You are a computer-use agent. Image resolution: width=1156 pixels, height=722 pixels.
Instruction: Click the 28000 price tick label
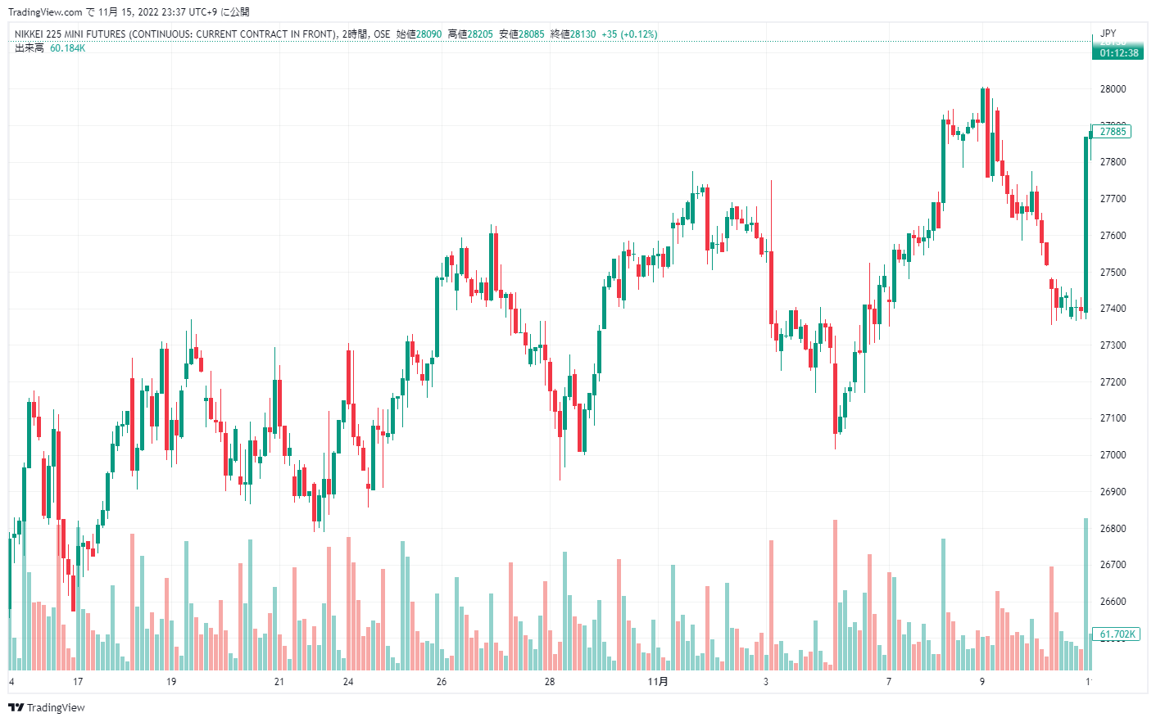click(1113, 89)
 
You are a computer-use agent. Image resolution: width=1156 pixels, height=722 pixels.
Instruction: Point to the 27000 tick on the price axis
click(1113, 455)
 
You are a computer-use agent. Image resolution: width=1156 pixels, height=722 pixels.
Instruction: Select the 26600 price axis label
click(1113, 602)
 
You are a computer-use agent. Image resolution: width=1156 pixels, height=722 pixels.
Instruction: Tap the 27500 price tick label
click(1113, 273)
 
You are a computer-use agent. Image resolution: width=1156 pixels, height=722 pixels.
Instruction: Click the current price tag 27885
click(1113, 132)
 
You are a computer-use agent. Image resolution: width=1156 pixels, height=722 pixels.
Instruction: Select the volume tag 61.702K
click(1117, 634)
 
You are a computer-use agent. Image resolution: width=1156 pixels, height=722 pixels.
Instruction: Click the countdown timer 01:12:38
click(1118, 53)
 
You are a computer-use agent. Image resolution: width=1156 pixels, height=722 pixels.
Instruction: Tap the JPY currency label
click(1108, 34)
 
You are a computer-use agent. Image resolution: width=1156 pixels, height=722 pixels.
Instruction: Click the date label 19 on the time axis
click(171, 682)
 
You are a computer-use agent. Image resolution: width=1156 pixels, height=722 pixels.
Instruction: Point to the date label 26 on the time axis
click(442, 682)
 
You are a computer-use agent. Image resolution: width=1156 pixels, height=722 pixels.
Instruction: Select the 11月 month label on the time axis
click(658, 682)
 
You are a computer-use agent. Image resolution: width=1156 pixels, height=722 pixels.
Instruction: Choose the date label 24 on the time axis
click(348, 682)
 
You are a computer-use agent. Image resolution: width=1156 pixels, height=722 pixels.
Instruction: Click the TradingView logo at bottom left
click(47, 707)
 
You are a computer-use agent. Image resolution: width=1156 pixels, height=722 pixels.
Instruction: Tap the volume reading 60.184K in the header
click(67, 48)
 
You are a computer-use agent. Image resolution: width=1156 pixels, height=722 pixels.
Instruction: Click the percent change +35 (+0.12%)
click(629, 34)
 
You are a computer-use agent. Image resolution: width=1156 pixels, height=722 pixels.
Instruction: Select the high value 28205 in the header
click(480, 34)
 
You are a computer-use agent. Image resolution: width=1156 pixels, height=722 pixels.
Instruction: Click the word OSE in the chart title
click(382, 34)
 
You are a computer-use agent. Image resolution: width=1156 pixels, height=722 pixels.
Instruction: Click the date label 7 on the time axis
click(889, 682)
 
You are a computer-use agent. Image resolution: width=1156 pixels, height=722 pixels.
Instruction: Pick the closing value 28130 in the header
click(583, 34)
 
